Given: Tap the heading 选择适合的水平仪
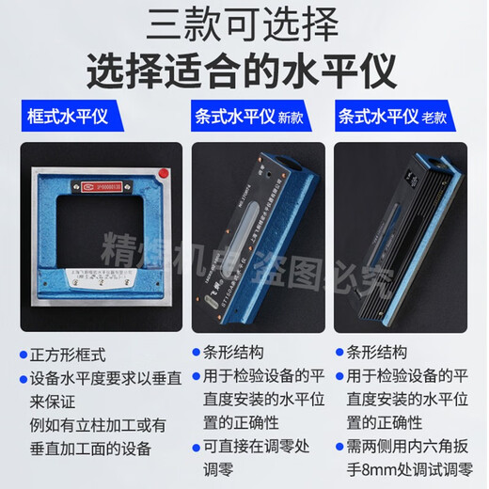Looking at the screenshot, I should [x=244, y=69].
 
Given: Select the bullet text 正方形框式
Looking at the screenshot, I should [x=74, y=355].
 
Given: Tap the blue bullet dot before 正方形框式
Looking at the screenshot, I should [x=21, y=355].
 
